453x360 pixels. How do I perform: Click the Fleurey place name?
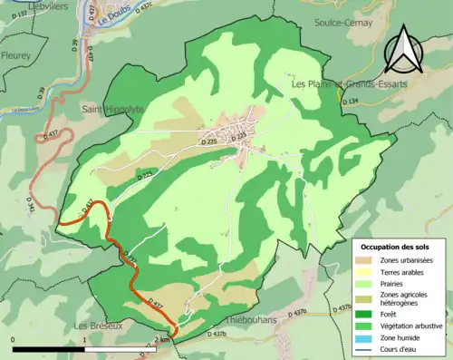15,55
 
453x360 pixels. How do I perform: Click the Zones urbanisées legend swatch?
366,260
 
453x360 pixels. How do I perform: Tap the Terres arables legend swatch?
366,272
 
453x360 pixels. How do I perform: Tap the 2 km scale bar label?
163,338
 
